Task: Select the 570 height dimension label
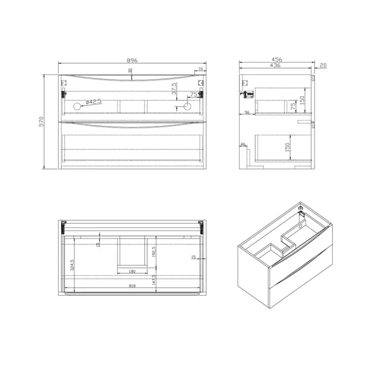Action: coord(42,122)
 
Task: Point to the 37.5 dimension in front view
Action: coord(173,89)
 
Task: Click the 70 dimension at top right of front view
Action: coord(200,70)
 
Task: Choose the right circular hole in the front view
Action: coord(187,106)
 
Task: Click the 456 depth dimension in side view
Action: coord(276,59)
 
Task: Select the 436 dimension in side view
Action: coord(275,66)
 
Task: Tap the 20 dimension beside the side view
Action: coord(323,66)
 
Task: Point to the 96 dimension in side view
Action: coord(247,112)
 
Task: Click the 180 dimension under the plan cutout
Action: coord(132,271)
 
